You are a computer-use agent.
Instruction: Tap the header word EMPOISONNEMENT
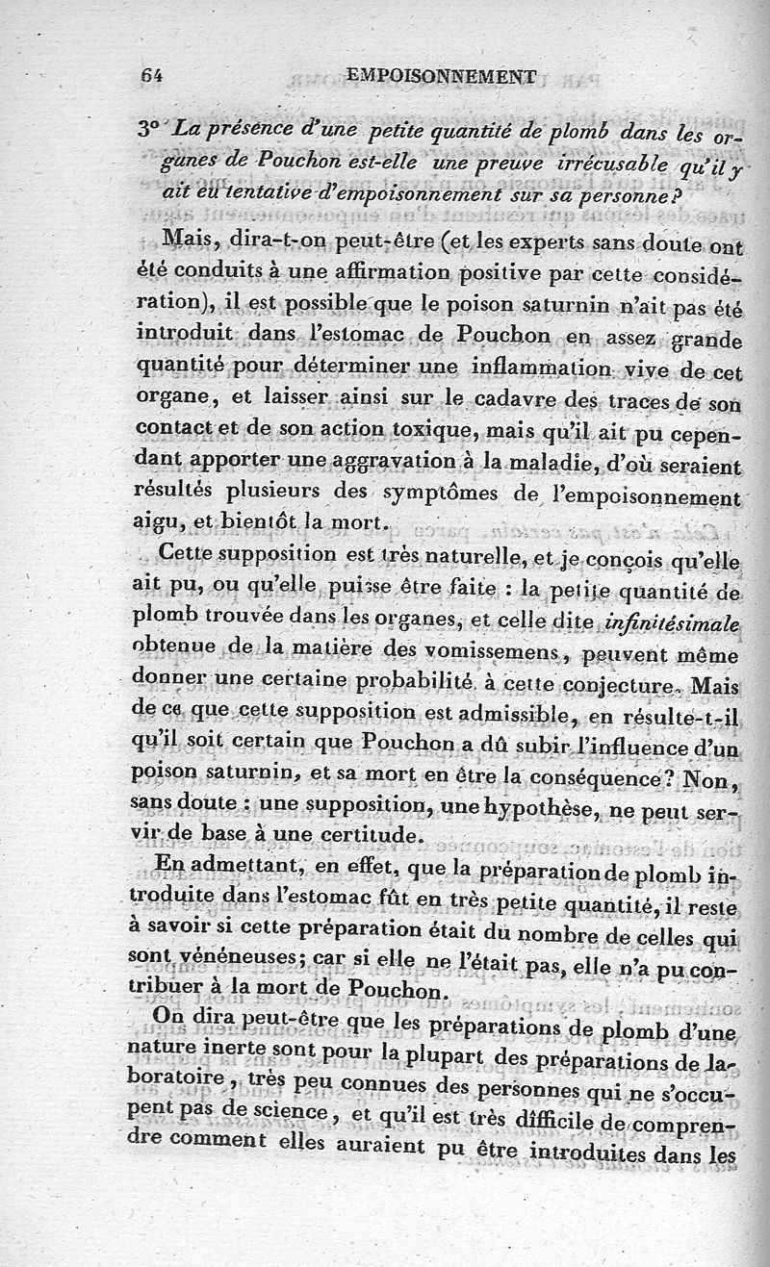coord(440,74)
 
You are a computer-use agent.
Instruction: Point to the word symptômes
coord(454,494)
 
